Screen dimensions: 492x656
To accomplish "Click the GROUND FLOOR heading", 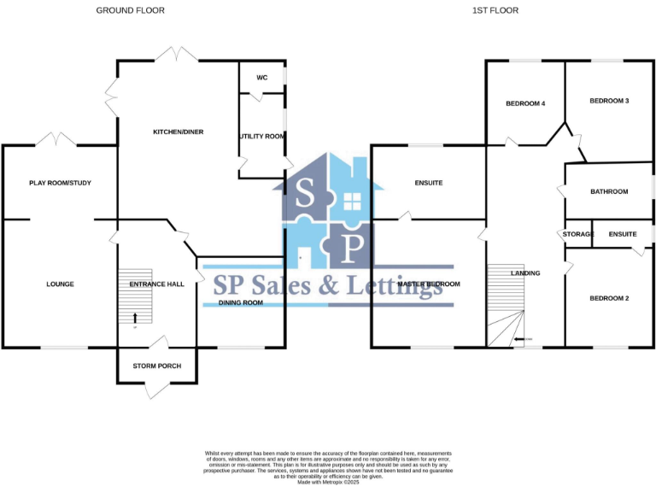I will click(131, 10).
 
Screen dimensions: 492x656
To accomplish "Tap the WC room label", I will click(262, 78).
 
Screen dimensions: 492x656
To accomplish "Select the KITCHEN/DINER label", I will click(178, 132).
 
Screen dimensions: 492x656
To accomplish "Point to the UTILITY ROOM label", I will click(262, 136).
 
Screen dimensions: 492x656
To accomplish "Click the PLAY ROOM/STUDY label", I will click(60, 183).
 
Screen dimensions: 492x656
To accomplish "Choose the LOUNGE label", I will click(60, 284).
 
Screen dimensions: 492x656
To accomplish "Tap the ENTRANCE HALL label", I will click(156, 284).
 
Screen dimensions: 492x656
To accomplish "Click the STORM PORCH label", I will click(156, 366).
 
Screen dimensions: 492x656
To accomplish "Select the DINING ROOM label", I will click(241, 302).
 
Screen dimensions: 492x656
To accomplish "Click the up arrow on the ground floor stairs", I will click(135, 317).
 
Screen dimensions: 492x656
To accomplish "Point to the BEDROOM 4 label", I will click(525, 103).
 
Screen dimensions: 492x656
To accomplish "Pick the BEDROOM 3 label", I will click(609, 101).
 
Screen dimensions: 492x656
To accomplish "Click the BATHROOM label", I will click(609, 191).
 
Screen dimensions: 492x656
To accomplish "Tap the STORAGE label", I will click(578, 234).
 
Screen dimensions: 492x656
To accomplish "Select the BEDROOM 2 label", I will click(609, 298).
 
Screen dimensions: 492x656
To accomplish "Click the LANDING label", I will click(525, 273).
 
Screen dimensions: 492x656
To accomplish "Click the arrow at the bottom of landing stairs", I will click(519, 340).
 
